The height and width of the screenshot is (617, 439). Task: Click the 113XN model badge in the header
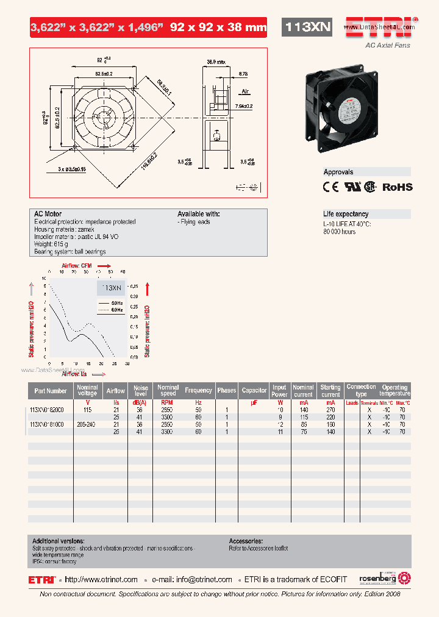pos(308,27)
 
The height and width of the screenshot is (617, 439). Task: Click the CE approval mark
pos(330,187)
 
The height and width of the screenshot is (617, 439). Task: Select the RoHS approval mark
pos(397,187)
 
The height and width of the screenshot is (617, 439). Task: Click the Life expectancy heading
pos(346,214)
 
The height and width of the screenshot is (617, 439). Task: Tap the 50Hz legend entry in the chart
pos(116,302)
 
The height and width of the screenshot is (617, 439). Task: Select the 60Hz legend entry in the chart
pos(116,310)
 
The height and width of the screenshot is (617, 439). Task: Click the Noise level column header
pos(141,391)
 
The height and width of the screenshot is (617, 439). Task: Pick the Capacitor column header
pos(254,391)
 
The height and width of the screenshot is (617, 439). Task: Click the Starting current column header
pos(330,391)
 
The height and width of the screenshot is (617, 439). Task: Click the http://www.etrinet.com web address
pos(101,580)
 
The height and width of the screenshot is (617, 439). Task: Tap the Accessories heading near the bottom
pos(246,541)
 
